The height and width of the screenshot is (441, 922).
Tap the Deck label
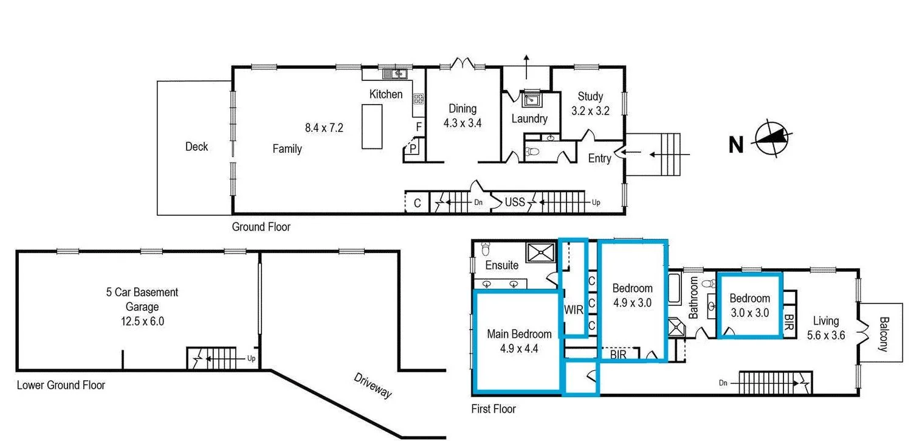196,147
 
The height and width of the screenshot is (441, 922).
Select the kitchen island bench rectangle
372,127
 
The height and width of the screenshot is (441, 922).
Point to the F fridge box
418,127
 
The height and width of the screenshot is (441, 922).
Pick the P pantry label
413,148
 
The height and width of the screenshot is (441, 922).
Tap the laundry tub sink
530,99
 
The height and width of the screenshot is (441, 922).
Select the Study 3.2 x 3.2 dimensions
590,111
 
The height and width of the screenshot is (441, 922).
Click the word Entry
599,158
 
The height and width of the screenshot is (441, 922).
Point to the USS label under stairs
515,202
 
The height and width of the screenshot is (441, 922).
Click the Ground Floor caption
261,227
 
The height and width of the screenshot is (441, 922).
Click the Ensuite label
502,265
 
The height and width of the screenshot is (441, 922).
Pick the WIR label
574,310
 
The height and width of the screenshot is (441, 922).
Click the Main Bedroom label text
519,334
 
